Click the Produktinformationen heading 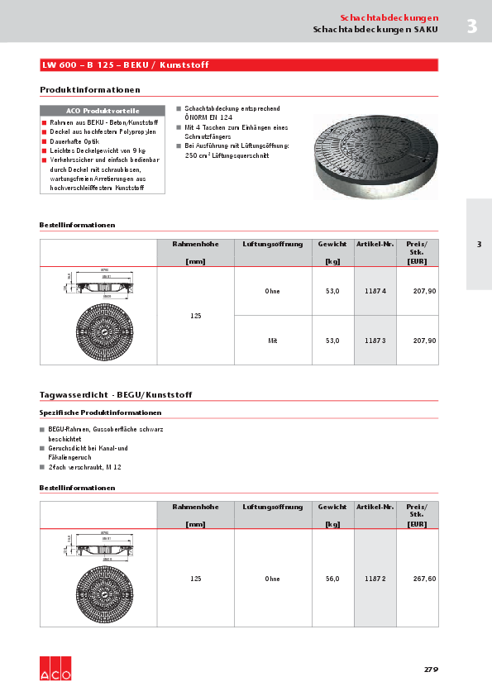tap(90, 89)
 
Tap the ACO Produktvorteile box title tap(103, 110)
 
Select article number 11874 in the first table tap(375, 291)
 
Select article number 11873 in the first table tap(375, 341)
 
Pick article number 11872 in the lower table tap(375, 579)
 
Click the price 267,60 tap(424, 579)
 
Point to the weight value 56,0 tap(332, 579)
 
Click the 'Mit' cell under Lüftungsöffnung tap(272, 341)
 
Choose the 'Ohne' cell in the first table tap(272, 291)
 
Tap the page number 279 tap(430, 670)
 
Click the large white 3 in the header tap(471, 26)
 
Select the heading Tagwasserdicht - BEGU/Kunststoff tap(116, 395)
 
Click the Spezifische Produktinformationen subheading tap(100, 412)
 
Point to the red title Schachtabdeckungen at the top tap(389, 17)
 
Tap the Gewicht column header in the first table tap(332, 244)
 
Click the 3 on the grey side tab tap(479, 244)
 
